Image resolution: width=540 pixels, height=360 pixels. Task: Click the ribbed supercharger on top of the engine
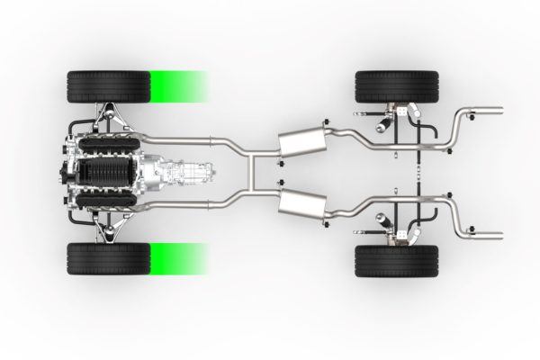click(108, 173)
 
